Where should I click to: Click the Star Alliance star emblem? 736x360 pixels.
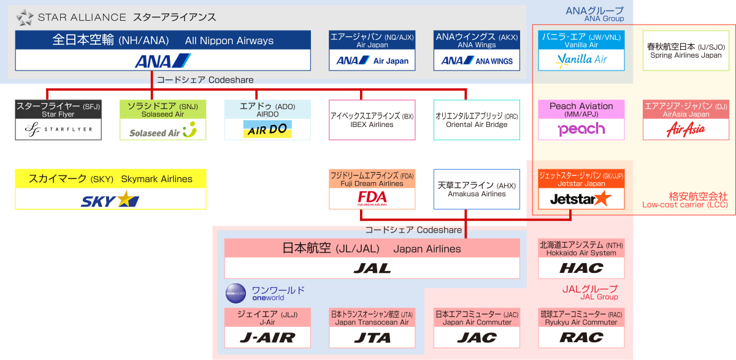point(25,17)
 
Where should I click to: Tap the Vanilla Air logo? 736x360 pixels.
point(581,59)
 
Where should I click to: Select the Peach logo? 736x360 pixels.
point(581,129)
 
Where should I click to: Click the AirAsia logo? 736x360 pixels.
point(685,129)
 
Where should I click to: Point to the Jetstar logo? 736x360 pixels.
point(581,198)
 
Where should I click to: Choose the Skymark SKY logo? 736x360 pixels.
point(110,199)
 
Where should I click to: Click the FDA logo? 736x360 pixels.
point(372,197)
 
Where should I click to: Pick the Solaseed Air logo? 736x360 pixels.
point(163,130)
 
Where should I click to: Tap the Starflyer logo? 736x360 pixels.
point(58,129)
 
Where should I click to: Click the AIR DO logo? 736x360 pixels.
point(267,129)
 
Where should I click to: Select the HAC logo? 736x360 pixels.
point(581,268)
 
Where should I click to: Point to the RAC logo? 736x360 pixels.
point(581,337)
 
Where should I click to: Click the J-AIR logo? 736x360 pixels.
point(267,337)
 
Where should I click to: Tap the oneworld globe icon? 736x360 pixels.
point(235,293)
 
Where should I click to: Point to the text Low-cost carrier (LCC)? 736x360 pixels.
point(685,205)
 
